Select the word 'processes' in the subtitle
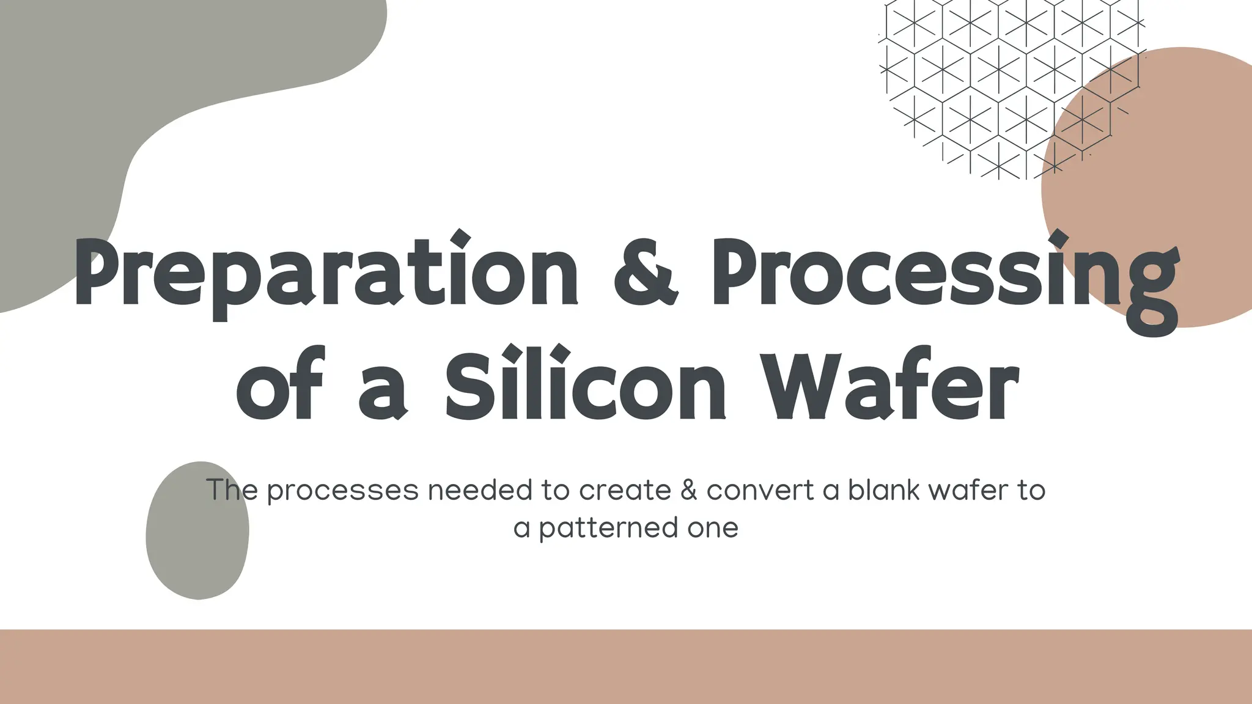click(342, 491)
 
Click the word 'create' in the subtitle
click(625, 490)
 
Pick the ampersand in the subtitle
click(689, 490)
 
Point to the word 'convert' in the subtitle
click(760, 490)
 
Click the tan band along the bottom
click(626, 666)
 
